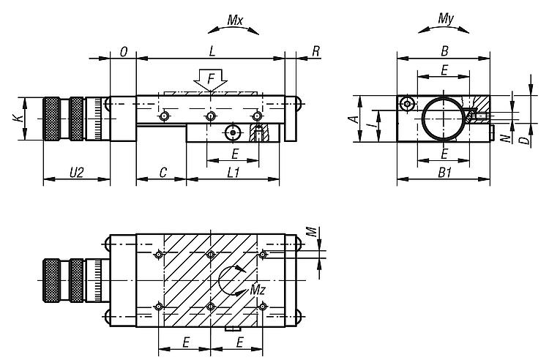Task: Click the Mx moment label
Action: (234, 20)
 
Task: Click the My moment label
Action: (444, 18)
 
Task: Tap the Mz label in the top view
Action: (258, 289)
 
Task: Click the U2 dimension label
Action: (75, 173)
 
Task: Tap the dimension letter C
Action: (162, 173)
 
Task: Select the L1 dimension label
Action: (234, 173)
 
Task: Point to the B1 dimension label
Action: (444, 173)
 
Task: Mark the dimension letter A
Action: (352, 118)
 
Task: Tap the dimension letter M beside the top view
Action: (310, 232)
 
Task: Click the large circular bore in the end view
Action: (442, 118)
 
